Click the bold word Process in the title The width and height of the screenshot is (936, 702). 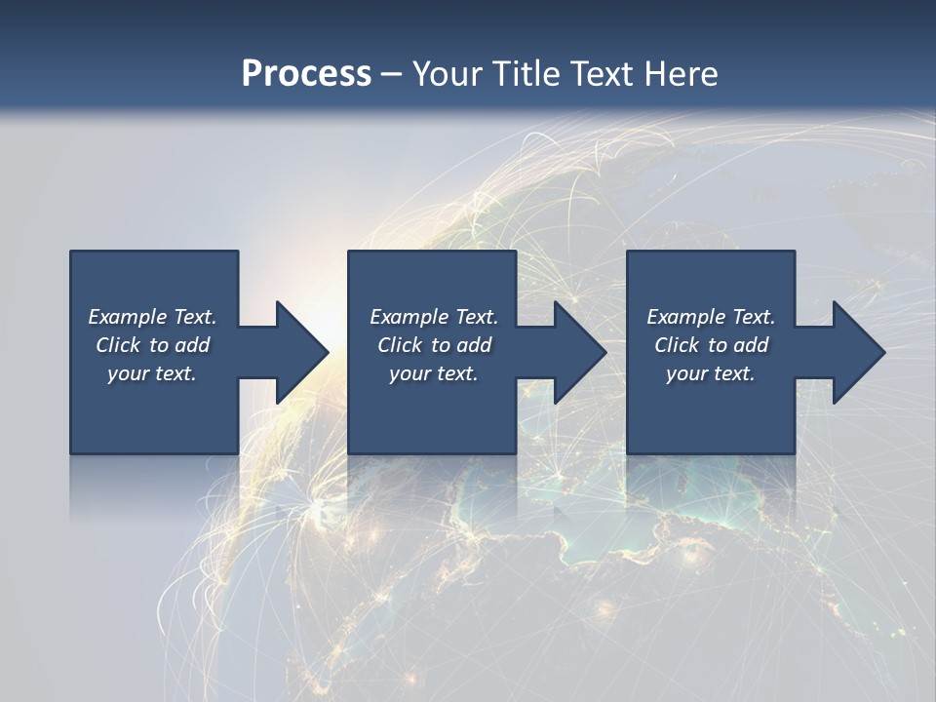click(x=306, y=74)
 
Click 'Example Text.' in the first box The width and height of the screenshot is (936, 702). click(x=152, y=317)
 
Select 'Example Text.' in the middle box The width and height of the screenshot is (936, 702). click(x=434, y=317)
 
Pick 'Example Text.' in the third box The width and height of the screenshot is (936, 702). click(x=711, y=317)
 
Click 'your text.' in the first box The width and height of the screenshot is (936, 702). click(x=152, y=373)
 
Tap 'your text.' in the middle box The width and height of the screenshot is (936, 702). click(x=434, y=373)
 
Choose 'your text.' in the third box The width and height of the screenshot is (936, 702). click(x=711, y=373)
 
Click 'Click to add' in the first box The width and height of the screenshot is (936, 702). click(x=152, y=345)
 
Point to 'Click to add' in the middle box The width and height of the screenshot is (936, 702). click(x=434, y=345)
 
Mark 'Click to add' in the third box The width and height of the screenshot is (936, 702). click(x=711, y=345)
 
